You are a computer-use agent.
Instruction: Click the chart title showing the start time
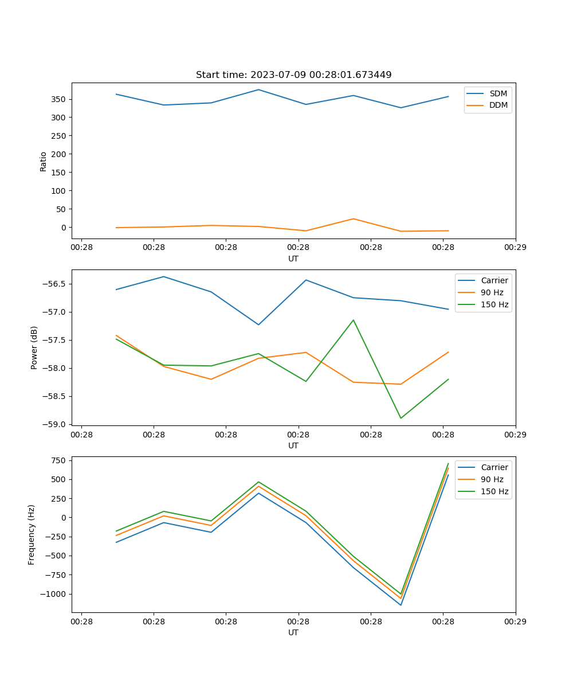pos(293,75)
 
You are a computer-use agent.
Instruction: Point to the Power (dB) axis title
pos(34,347)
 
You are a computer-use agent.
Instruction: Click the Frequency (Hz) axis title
pos(32,534)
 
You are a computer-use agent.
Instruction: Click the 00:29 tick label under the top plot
pos(515,248)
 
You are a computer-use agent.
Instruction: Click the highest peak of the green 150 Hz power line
pos(353,320)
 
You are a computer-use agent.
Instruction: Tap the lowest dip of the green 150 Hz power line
pos(401,418)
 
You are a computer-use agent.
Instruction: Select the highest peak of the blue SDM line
pos(258,89)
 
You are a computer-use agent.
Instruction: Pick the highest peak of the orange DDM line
pos(353,218)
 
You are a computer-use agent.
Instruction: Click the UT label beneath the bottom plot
pos(293,632)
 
